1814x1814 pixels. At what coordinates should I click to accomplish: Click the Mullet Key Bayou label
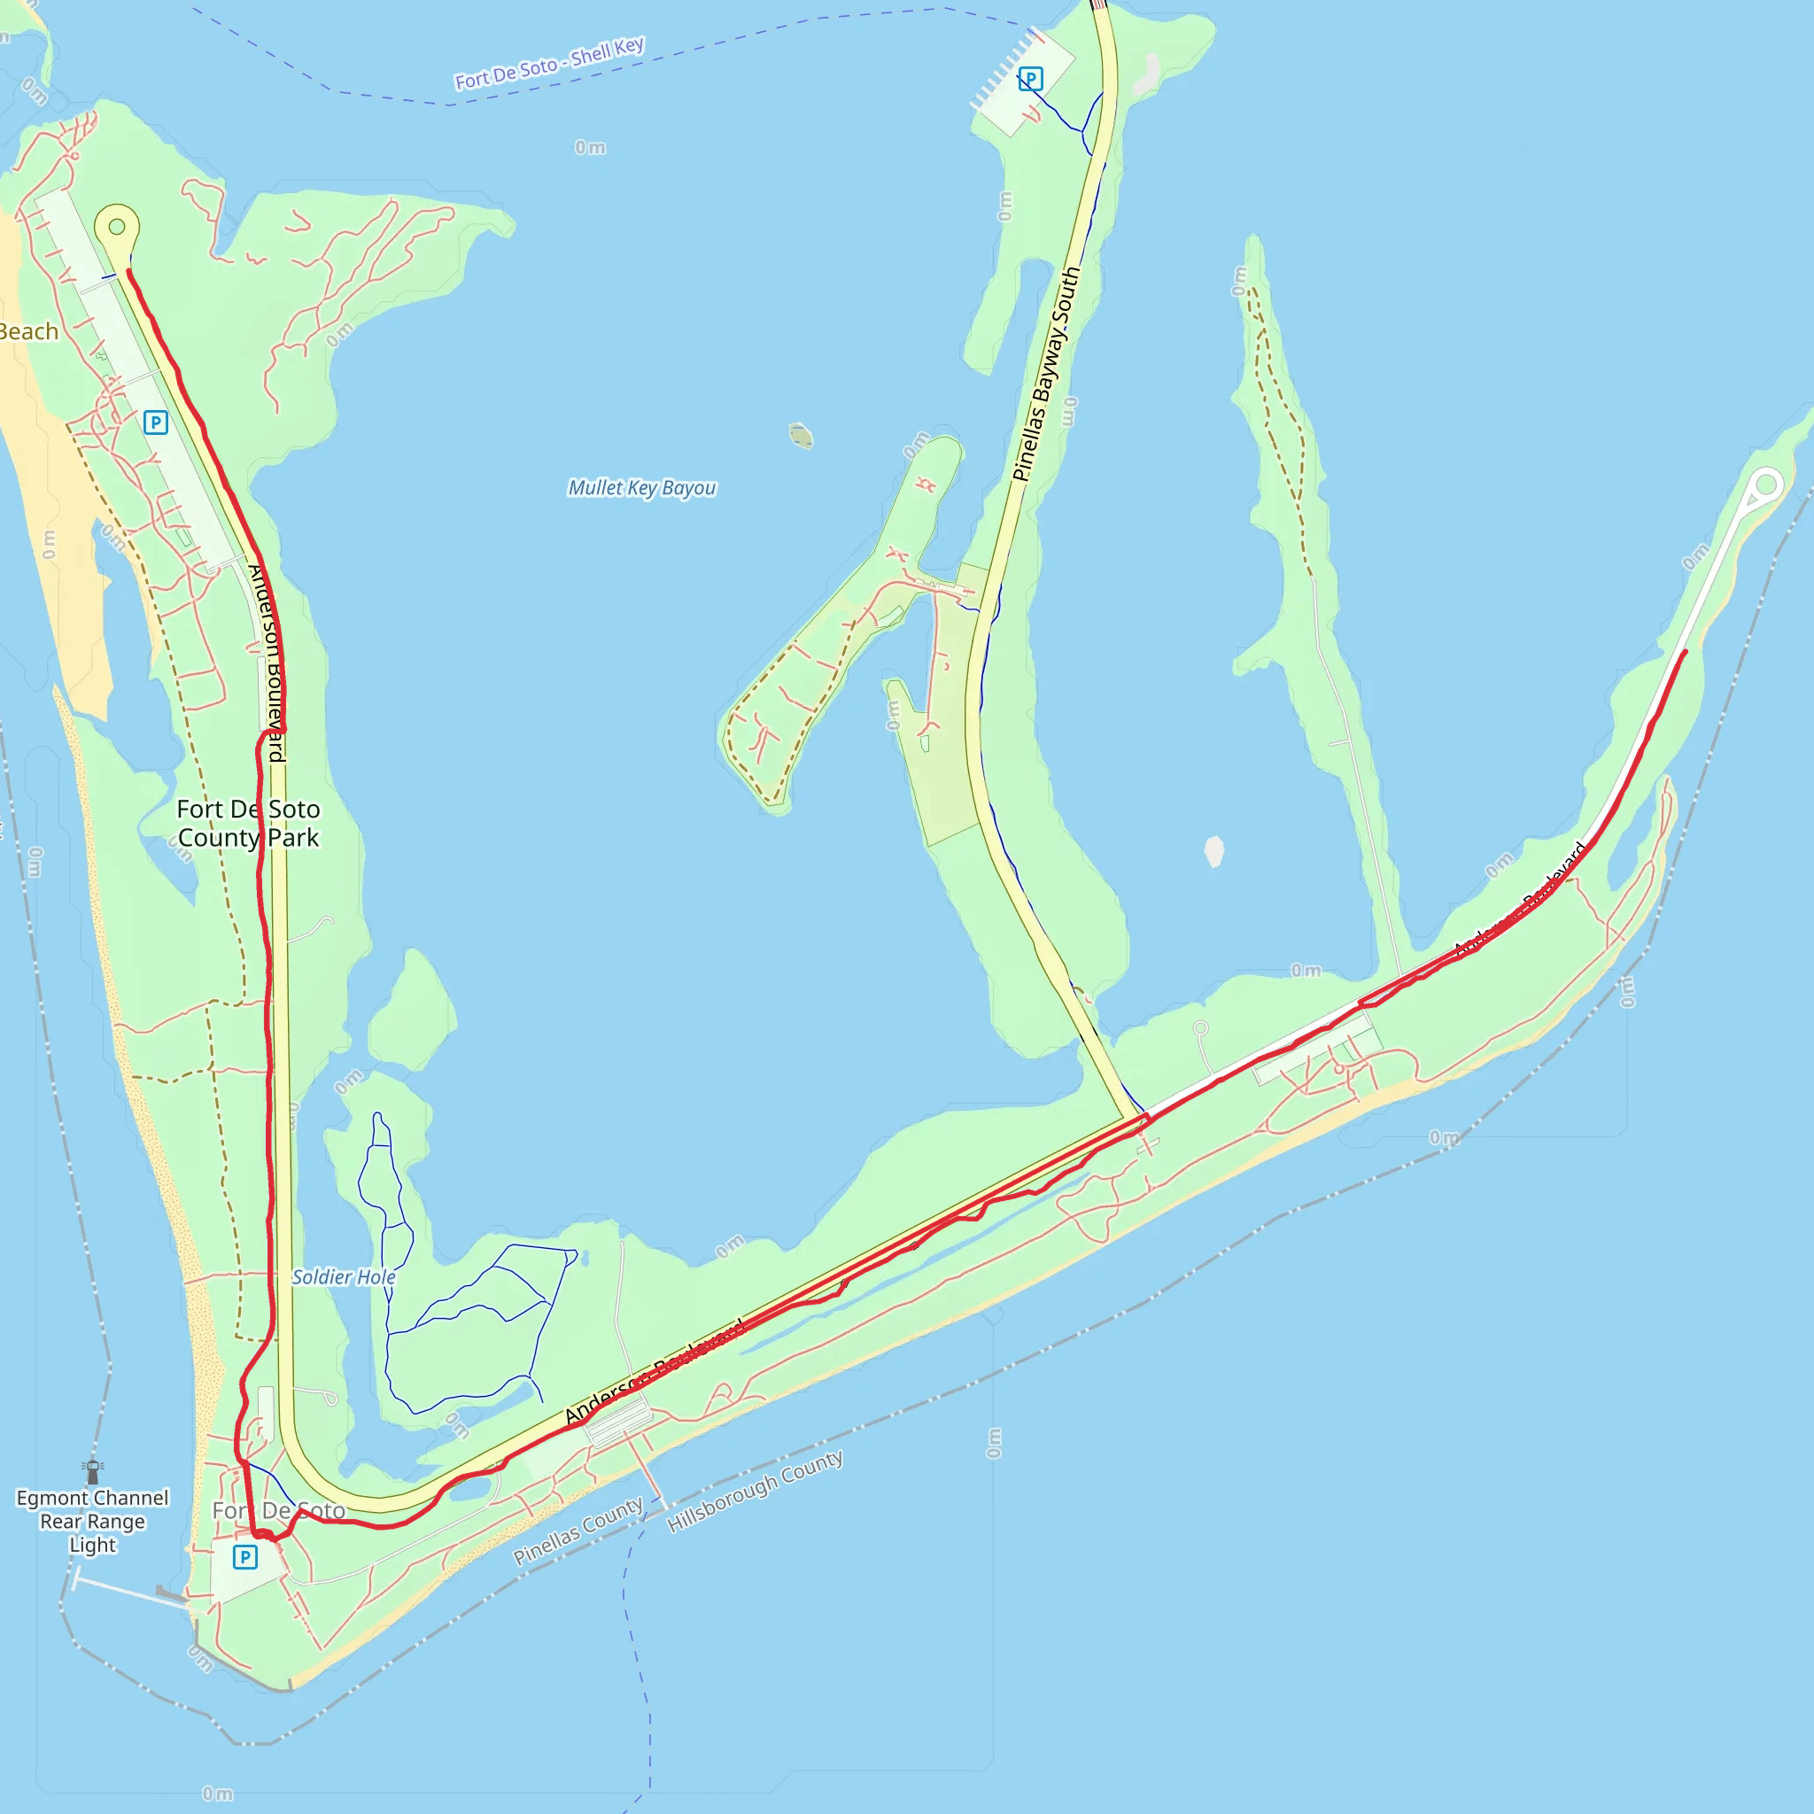(642, 488)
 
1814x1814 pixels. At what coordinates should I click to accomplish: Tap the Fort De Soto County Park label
(249, 824)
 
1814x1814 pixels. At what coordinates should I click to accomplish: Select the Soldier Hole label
(344, 1277)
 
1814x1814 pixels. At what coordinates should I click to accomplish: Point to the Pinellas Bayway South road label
(1046, 374)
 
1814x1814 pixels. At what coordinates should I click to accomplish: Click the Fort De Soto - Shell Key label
(549, 63)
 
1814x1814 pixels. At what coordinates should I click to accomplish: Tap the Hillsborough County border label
(755, 1491)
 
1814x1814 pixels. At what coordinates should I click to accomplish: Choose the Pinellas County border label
(578, 1531)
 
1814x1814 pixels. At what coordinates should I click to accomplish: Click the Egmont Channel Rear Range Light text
(92, 1521)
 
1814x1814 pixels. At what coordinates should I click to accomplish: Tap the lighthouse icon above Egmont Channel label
(92, 1471)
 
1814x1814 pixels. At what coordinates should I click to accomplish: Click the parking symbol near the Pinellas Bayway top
(1030, 80)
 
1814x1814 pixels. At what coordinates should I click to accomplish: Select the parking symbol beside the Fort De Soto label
(245, 1557)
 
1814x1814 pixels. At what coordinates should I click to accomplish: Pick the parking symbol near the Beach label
(156, 422)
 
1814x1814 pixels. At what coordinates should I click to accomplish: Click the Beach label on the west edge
(28, 331)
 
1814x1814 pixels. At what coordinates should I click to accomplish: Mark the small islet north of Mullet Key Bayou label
(801, 436)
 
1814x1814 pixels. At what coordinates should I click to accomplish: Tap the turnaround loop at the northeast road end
(1766, 485)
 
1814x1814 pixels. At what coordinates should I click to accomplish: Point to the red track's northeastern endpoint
(1686, 651)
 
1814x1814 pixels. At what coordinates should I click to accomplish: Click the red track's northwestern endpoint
(128, 271)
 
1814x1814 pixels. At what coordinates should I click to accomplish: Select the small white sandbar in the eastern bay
(1214, 850)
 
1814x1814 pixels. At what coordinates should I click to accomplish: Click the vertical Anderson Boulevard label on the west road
(267, 663)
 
